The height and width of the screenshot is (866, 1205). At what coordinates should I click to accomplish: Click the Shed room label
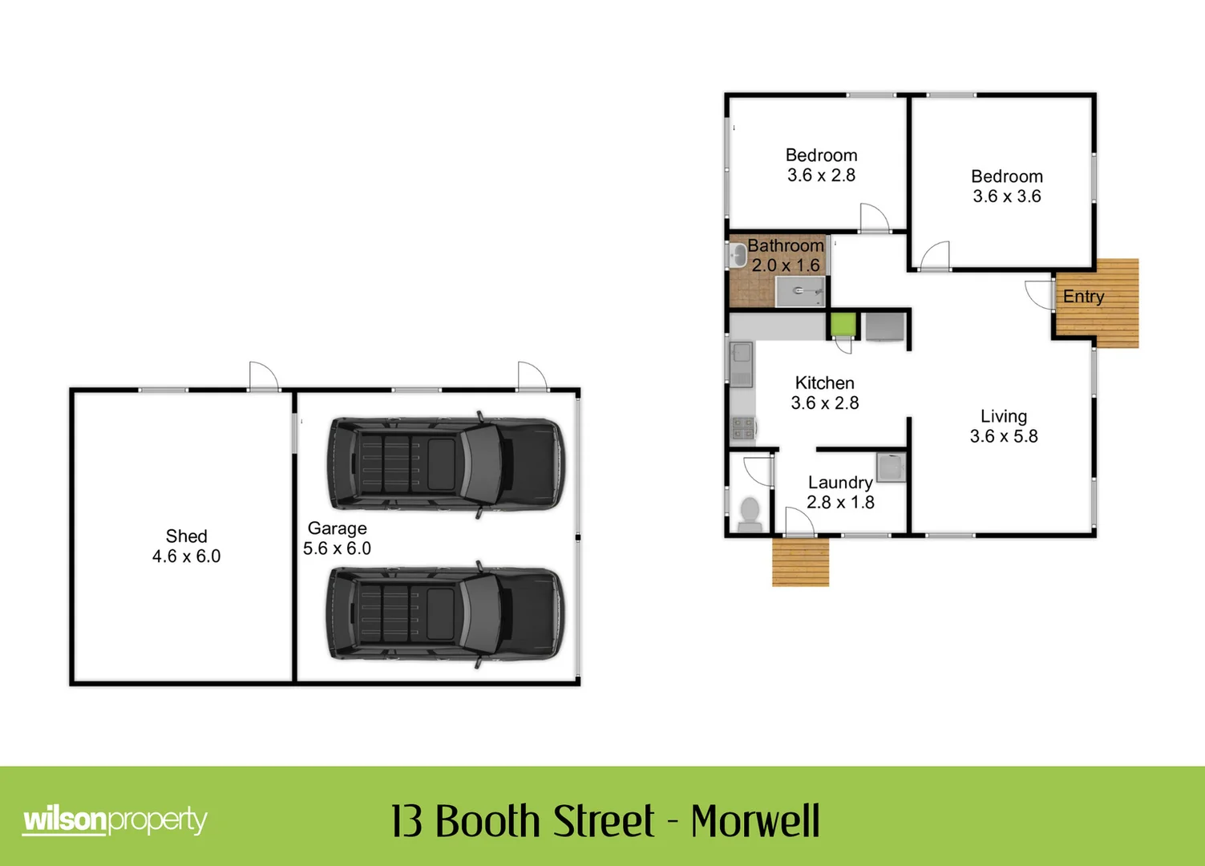(x=186, y=536)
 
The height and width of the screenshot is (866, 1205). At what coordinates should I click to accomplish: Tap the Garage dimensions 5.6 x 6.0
(x=337, y=548)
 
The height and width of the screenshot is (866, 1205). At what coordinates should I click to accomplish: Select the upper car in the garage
(x=445, y=464)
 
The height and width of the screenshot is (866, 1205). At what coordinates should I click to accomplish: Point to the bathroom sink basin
(x=738, y=256)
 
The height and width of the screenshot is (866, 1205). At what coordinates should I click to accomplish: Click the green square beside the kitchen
(x=843, y=325)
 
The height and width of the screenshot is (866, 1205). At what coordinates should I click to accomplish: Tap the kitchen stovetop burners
(x=742, y=428)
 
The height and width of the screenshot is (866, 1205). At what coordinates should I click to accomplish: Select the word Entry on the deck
(x=1083, y=297)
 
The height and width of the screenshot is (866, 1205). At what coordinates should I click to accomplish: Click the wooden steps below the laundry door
(x=800, y=562)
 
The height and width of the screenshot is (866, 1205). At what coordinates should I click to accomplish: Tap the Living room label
(x=1003, y=416)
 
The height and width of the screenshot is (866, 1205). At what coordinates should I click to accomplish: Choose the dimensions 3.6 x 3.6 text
(x=1007, y=196)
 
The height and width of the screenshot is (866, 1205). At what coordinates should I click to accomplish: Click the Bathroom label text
(x=786, y=245)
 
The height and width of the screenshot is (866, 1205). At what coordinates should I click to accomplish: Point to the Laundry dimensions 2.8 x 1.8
(x=840, y=503)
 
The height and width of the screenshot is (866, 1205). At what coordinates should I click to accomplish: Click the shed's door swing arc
(x=263, y=375)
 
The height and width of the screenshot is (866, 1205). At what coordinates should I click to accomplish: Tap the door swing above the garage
(x=532, y=375)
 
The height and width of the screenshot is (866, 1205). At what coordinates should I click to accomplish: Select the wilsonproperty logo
(x=115, y=820)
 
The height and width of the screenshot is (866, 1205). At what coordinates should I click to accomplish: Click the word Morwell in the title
(x=755, y=821)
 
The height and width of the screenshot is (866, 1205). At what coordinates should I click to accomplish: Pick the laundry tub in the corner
(x=891, y=467)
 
